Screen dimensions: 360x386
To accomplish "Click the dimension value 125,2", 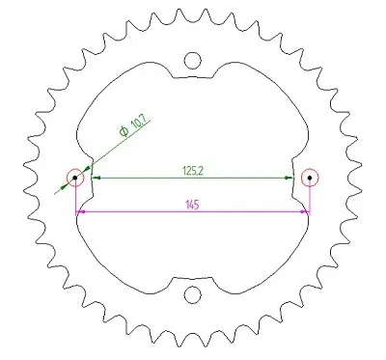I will pos(192,170).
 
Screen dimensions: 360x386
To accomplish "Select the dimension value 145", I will pos(192,204).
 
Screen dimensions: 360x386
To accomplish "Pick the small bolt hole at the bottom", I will pos(192,294).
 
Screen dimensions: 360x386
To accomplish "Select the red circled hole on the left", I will pos(75,178).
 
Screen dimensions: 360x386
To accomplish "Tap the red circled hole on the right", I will pos(309,178).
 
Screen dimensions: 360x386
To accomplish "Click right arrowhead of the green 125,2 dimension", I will pos(289,178).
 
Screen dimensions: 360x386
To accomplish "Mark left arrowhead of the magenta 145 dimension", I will pos(80,211).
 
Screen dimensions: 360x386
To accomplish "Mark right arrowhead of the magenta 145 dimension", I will pos(304,211).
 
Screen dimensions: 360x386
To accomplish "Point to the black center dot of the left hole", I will pos(75,178).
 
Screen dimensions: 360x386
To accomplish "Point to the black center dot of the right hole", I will pos(309,178).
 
